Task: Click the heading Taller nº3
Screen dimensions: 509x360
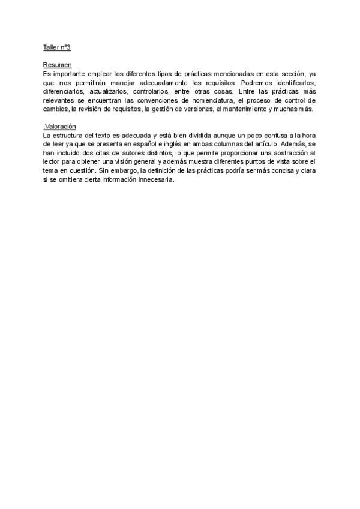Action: (57, 47)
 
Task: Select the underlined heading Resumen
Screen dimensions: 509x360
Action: (58, 65)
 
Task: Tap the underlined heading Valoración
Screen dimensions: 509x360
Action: (60, 127)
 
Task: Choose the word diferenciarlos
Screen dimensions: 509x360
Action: (65, 92)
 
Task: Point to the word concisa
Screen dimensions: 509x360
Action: (279, 171)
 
